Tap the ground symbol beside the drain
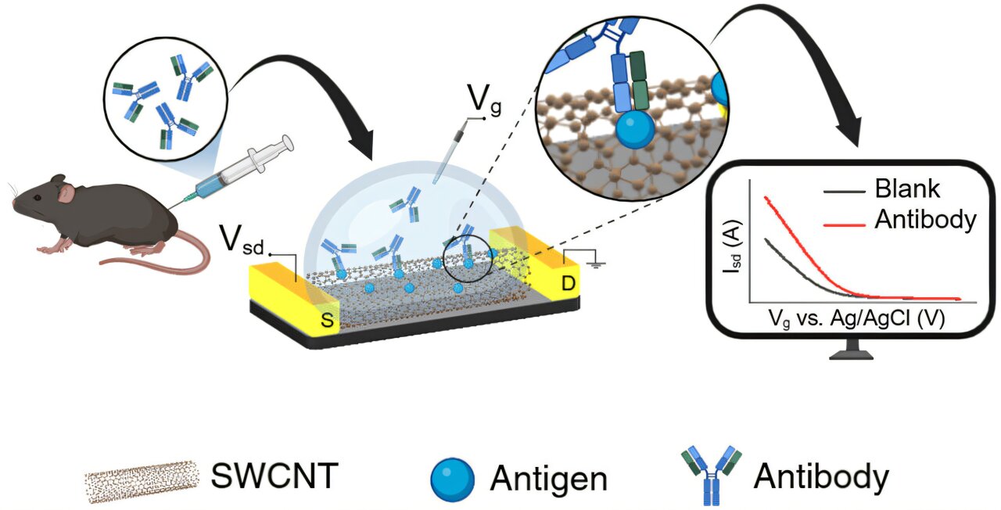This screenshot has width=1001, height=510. (598, 264)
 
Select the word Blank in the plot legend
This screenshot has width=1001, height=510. (907, 190)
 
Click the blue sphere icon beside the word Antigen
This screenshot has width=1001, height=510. (453, 478)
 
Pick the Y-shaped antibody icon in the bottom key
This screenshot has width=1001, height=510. (712, 473)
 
